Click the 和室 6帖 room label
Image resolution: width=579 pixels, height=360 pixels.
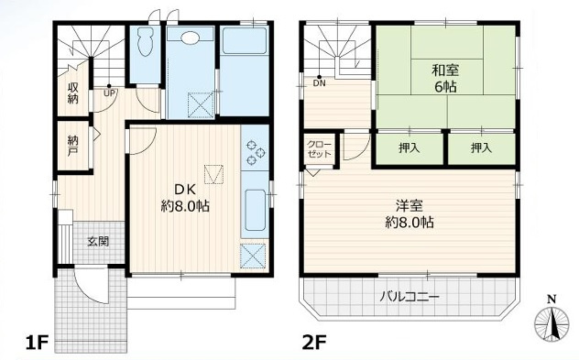coord(445,77)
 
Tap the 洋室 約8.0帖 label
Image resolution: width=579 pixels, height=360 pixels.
coord(410,213)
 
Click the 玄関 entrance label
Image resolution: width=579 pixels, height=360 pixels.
coord(98,242)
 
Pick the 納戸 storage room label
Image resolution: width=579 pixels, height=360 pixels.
coord(73,146)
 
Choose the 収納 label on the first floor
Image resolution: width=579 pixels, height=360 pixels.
coord(71,93)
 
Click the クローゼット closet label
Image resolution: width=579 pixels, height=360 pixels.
coord(320,149)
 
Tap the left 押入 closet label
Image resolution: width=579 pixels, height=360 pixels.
coord(410,147)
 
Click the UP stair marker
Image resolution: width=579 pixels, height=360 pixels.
coord(109,93)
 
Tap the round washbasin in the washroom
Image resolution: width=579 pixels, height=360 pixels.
coord(191,38)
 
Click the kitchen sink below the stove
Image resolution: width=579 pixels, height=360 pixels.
coord(256,211)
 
